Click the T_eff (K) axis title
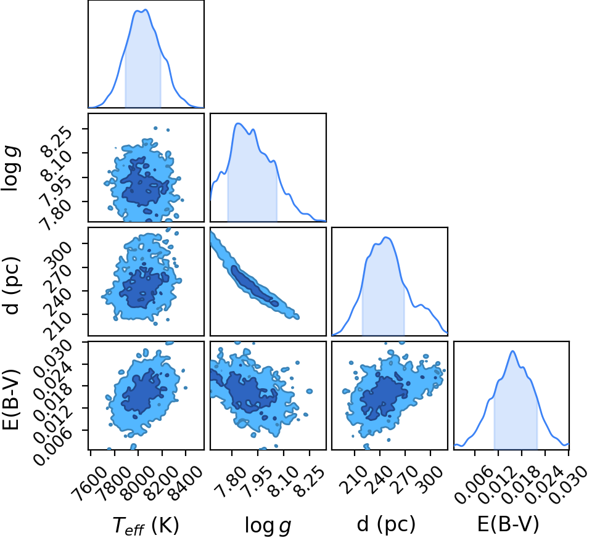pyautogui.click(x=146, y=525)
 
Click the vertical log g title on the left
pyautogui.click(x=11, y=169)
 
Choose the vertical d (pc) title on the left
pyautogui.click(x=11, y=285)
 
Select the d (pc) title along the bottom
pyautogui.click(x=386, y=524)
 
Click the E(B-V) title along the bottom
pyautogui.click(x=508, y=524)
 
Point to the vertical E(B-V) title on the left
pyautogui.click(x=10, y=399)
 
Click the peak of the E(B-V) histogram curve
pyautogui.click(x=512, y=351)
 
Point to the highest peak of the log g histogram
pyautogui.click(x=237, y=123)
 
